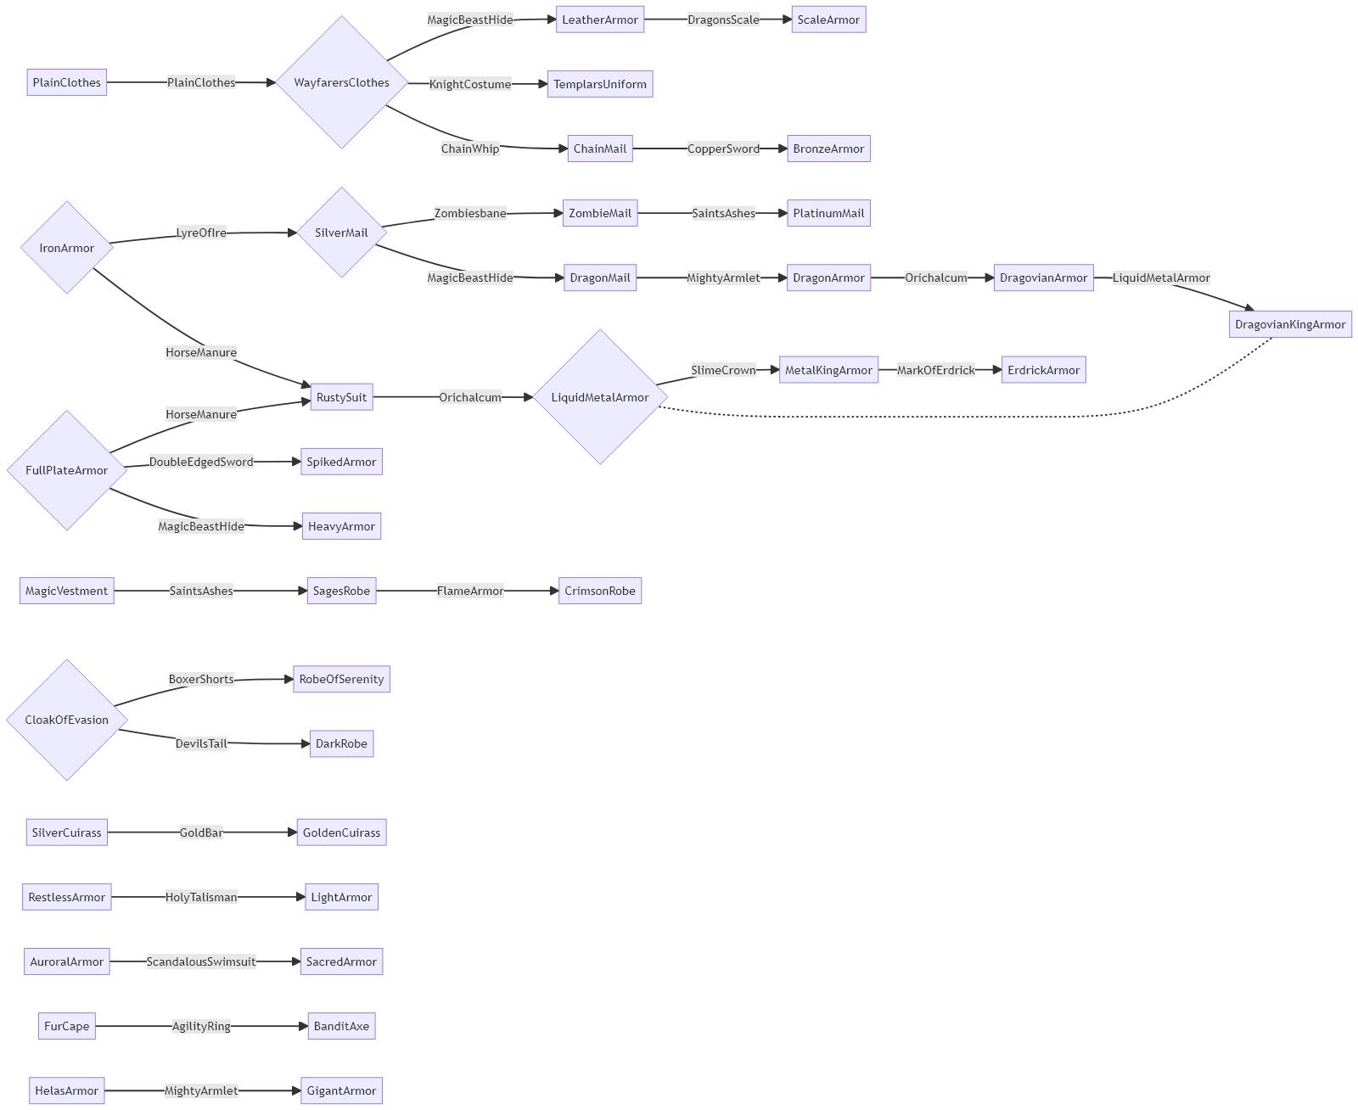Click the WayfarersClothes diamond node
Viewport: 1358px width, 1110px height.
pyautogui.click(x=341, y=82)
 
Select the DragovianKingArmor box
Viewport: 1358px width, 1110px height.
pyautogui.click(x=1289, y=324)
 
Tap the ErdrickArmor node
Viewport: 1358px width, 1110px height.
pyautogui.click(x=1043, y=370)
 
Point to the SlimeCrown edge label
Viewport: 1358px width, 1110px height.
pyautogui.click(x=723, y=370)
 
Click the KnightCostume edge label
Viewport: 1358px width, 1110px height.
pyautogui.click(x=470, y=84)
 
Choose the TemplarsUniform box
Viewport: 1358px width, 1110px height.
pyautogui.click(x=599, y=84)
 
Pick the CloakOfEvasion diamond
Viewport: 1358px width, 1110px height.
pyautogui.click(x=66, y=720)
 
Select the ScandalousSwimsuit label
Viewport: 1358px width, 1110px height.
pyautogui.click(x=201, y=961)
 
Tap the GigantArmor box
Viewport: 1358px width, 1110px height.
pyautogui.click(x=341, y=1090)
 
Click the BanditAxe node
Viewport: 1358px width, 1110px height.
pyautogui.click(x=341, y=1026)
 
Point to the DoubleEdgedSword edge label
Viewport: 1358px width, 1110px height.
pyautogui.click(x=201, y=462)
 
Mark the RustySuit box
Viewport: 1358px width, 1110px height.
pyautogui.click(x=341, y=397)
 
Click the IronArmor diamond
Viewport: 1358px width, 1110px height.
pyautogui.click(x=66, y=248)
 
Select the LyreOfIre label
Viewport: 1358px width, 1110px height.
pyautogui.click(x=201, y=233)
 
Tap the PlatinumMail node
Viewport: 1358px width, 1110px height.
pyautogui.click(x=828, y=213)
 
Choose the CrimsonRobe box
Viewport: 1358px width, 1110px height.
pyautogui.click(x=599, y=591)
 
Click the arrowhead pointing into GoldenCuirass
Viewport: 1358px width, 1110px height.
pyautogui.click(x=292, y=832)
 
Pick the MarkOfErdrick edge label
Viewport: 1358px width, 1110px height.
pyautogui.click(x=936, y=370)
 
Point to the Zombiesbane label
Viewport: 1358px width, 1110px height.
pyautogui.click(x=470, y=213)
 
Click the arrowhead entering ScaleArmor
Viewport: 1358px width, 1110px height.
pyautogui.click(x=786, y=20)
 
